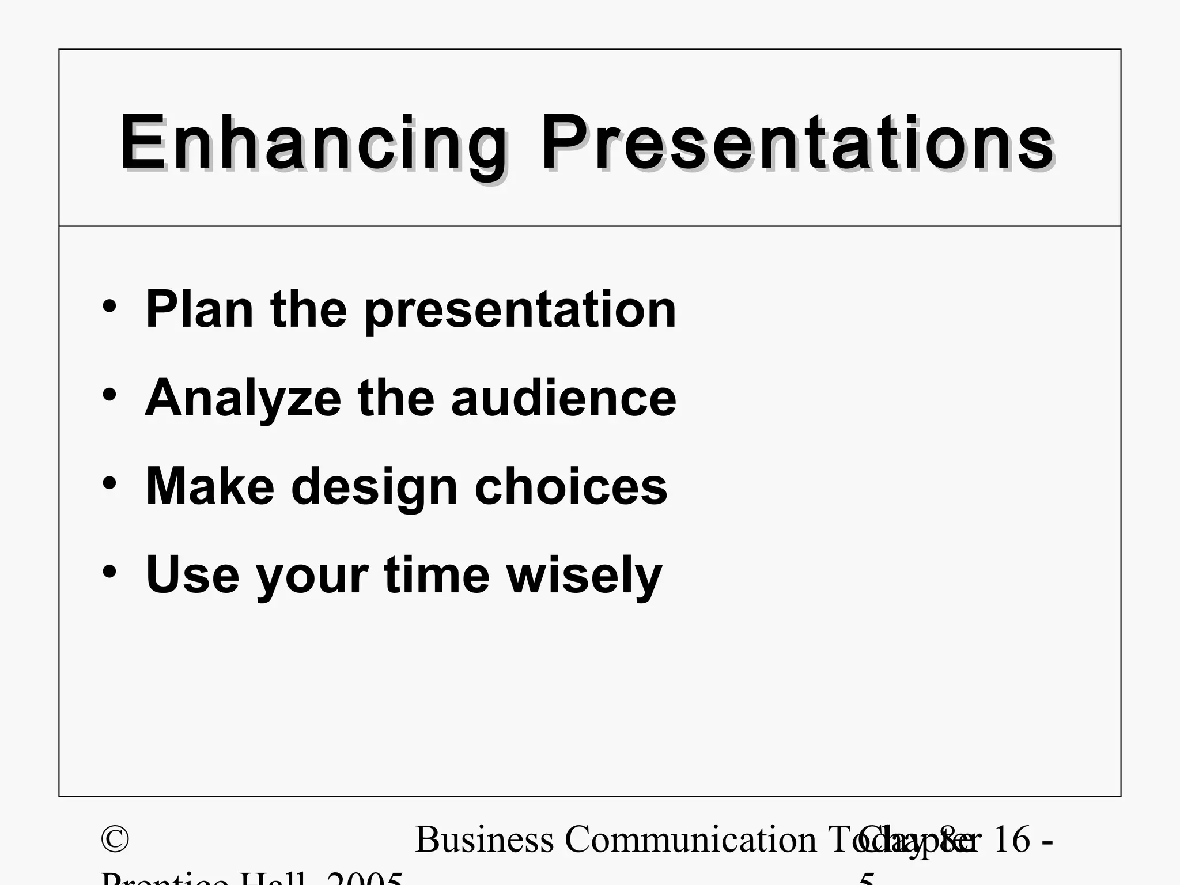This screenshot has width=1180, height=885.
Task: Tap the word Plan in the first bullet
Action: (x=199, y=309)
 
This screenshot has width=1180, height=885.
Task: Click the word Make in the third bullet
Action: (x=210, y=487)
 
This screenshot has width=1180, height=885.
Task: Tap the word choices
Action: (x=570, y=487)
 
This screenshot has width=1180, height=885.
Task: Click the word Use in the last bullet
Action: (x=192, y=574)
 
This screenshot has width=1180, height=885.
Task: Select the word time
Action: (x=437, y=574)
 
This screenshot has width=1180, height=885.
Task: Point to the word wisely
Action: (x=584, y=576)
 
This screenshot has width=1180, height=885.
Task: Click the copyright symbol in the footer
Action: (x=115, y=839)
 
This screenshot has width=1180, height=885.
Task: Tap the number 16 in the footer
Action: (x=1012, y=839)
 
